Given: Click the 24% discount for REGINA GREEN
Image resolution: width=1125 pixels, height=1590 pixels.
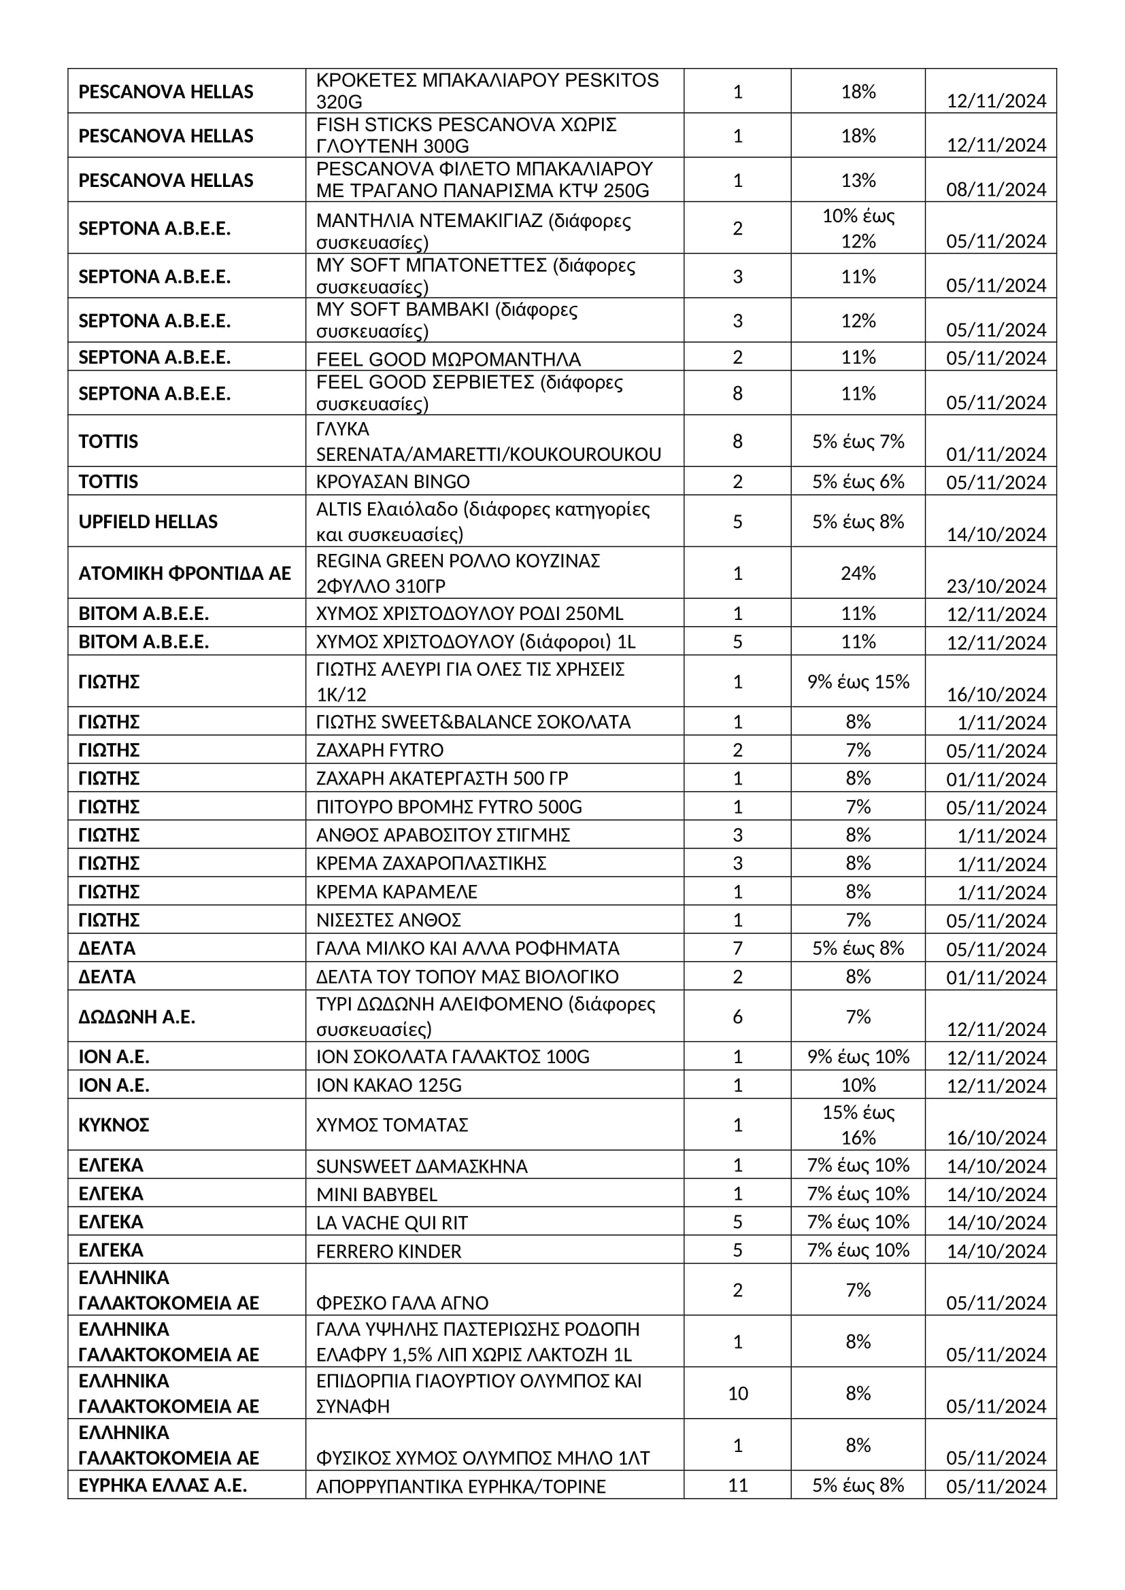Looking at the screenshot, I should (858, 574).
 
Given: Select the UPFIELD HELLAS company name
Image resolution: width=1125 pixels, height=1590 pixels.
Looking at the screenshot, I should (148, 521).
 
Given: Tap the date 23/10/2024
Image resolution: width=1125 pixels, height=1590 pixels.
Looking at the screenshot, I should (996, 587).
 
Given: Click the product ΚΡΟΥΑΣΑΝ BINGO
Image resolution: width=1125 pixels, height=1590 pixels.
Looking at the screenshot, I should (392, 481).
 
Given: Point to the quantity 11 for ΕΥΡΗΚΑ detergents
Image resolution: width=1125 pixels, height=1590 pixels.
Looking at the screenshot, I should (737, 1485).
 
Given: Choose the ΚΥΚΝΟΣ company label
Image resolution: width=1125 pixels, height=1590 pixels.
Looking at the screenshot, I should (114, 1124).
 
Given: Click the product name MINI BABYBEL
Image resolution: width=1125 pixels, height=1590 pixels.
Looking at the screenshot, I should (376, 1194).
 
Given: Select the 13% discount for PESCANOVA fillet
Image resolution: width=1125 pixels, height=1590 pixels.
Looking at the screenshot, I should (858, 180).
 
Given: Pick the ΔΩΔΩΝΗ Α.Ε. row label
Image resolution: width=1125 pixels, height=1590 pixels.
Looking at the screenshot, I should (137, 1016).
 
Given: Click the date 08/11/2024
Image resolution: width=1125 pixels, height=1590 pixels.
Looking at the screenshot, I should (996, 190).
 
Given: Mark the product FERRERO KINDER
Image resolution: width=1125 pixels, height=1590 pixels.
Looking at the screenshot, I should (388, 1251).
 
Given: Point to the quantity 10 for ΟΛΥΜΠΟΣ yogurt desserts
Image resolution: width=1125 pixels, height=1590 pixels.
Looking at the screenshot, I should (737, 1394).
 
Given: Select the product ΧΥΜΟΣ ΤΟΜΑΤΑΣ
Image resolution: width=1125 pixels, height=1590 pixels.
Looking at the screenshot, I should (391, 1124).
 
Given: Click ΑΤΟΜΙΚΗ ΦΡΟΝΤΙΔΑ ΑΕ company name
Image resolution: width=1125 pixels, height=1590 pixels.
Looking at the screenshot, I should (184, 574).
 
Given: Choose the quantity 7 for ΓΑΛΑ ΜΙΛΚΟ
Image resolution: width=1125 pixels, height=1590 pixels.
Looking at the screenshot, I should (737, 948).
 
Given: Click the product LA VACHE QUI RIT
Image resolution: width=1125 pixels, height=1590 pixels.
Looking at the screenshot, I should (391, 1223).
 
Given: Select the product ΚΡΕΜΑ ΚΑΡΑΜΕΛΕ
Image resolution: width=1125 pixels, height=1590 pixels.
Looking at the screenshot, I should (397, 891).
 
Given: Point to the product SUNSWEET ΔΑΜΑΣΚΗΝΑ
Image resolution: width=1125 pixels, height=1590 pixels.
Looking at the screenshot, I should (421, 1166).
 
